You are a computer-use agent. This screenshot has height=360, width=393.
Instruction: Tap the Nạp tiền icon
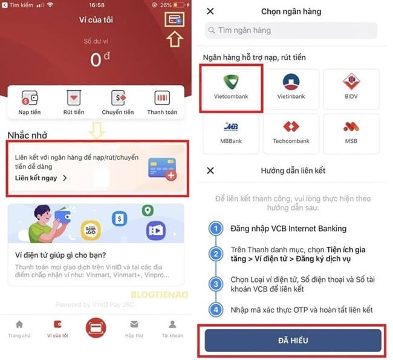tap(29, 98)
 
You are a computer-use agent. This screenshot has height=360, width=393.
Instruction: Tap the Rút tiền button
tap(74, 98)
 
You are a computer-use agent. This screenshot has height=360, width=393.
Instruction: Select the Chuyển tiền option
tap(118, 98)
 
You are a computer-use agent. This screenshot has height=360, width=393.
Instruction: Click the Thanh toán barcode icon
tap(162, 98)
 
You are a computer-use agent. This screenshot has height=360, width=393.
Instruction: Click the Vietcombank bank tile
tap(231, 88)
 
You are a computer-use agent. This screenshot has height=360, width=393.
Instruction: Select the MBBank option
tap(231, 131)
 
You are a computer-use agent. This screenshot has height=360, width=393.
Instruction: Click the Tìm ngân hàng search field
tap(291, 30)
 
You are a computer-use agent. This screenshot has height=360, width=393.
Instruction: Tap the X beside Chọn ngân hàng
tap(210, 11)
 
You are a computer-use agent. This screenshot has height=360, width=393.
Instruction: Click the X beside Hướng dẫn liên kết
tap(210, 171)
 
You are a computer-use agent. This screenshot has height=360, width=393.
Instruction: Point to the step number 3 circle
tap(216, 283)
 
